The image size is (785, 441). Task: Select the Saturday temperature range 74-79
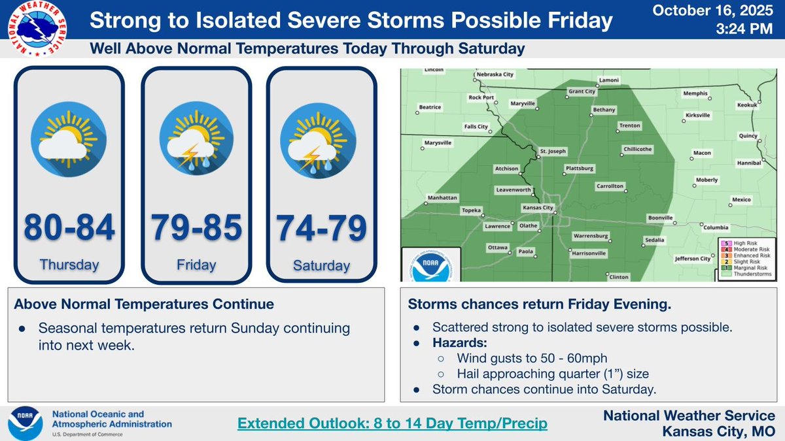pos(321,228)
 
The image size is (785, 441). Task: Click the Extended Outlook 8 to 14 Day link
pos(392,423)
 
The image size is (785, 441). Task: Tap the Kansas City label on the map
pos(539,208)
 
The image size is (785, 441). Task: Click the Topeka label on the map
pos(472,210)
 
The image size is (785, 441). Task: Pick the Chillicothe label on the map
pos(637,149)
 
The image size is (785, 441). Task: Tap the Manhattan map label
pos(442,197)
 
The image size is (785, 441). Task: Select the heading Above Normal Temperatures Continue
pos(143,304)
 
